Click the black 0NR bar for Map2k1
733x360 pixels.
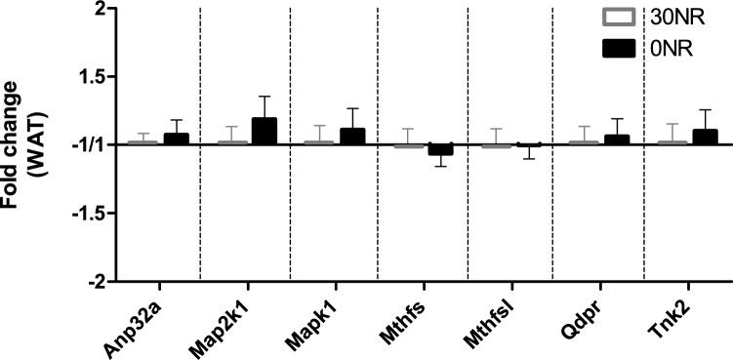(x=264, y=131)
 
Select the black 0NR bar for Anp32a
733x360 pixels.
(x=177, y=139)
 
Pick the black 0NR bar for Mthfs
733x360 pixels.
(x=440, y=149)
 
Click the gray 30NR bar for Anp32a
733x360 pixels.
(x=143, y=142)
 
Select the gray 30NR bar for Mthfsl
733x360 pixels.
(x=496, y=146)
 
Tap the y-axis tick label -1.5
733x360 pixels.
(x=86, y=213)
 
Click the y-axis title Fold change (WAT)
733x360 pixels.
(x=21, y=146)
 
